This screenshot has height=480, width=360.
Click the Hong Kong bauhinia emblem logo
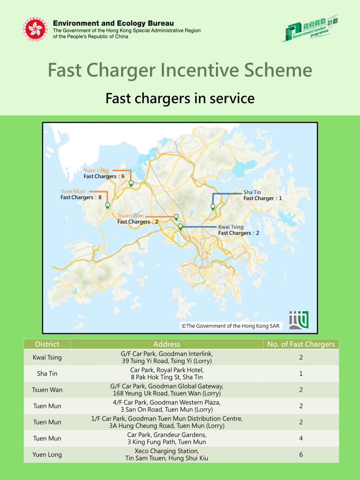(36, 29)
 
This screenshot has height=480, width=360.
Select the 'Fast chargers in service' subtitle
(180, 98)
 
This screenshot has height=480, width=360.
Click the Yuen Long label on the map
(96, 170)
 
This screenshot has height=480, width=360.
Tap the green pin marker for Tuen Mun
(107, 205)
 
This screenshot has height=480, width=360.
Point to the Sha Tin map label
(252, 192)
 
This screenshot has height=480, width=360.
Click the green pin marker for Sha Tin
(213, 206)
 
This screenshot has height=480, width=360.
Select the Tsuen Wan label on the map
(130, 216)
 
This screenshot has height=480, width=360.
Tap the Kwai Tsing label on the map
(231, 227)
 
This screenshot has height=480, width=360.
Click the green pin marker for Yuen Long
(131, 183)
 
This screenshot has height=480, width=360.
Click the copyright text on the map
(230, 326)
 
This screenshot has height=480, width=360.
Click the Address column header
(167, 344)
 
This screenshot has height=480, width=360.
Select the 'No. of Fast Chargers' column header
(301, 344)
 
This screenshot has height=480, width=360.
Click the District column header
(47, 344)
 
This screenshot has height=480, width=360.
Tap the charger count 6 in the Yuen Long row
(301, 454)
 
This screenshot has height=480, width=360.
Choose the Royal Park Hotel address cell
(167, 374)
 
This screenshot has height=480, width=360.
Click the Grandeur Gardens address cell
(167, 438)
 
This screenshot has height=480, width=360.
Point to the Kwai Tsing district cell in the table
(47, 357)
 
